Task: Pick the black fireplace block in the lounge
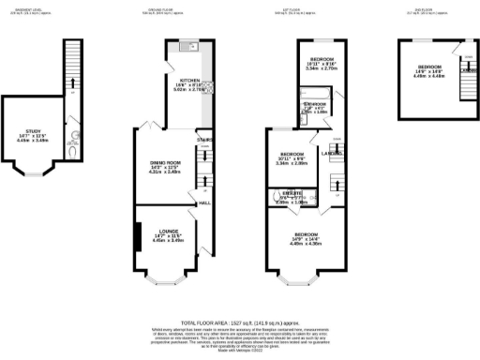(137, 238)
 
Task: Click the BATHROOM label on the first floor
(315, 104)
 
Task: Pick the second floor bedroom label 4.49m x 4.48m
(431, 68)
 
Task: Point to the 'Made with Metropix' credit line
(240, 344)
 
